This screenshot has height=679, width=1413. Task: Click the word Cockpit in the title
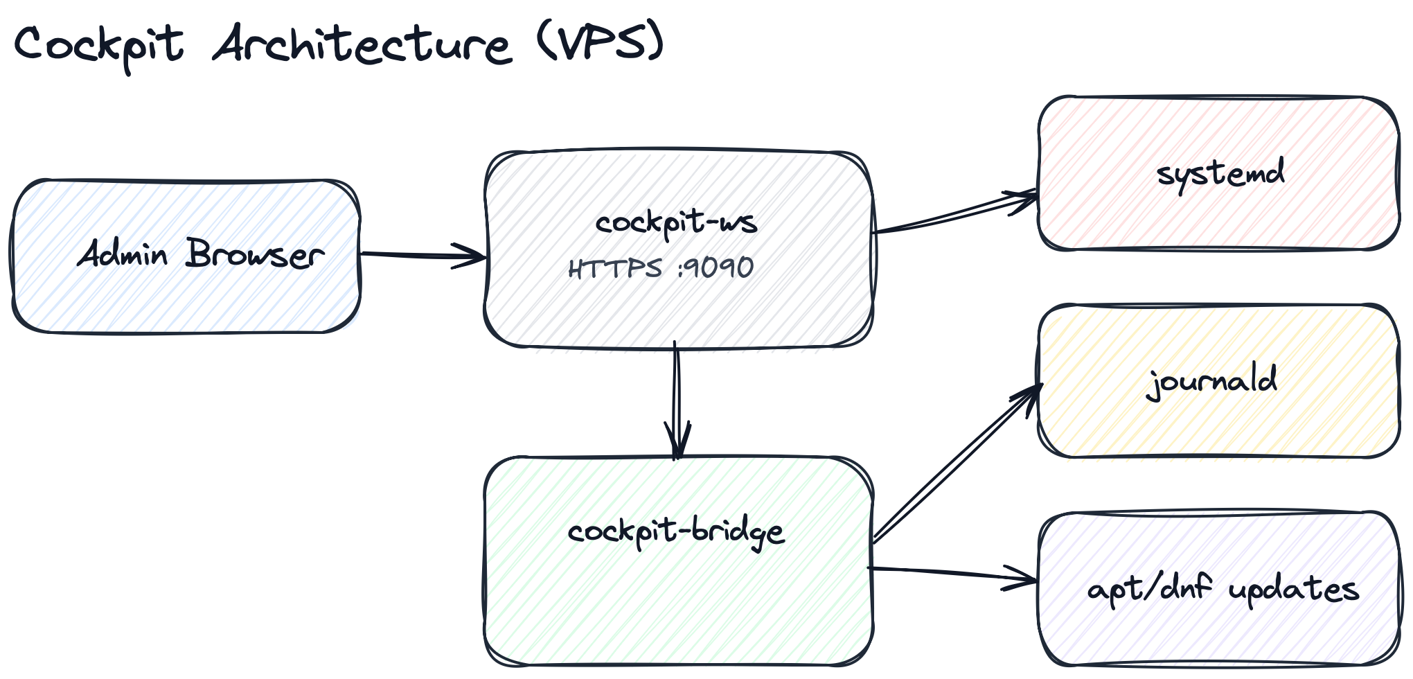coord(99,44)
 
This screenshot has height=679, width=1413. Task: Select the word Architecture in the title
coord(362,44)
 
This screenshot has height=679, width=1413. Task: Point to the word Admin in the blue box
coord(123,254)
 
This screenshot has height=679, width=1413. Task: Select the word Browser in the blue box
coord(254,254)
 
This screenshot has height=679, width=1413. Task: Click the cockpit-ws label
coord(676,222)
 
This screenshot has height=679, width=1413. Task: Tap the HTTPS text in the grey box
coord(615,268)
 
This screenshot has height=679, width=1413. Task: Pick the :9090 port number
coord(716,267)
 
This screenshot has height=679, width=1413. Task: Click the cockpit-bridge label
coord(676,532)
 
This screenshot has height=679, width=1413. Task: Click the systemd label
coord(1220,173)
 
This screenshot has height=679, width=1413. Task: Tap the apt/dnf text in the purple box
coord(1150,589)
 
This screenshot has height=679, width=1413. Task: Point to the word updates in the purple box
coord(1293,590)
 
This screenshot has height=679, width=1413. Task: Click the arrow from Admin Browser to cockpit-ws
coord(423,255)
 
